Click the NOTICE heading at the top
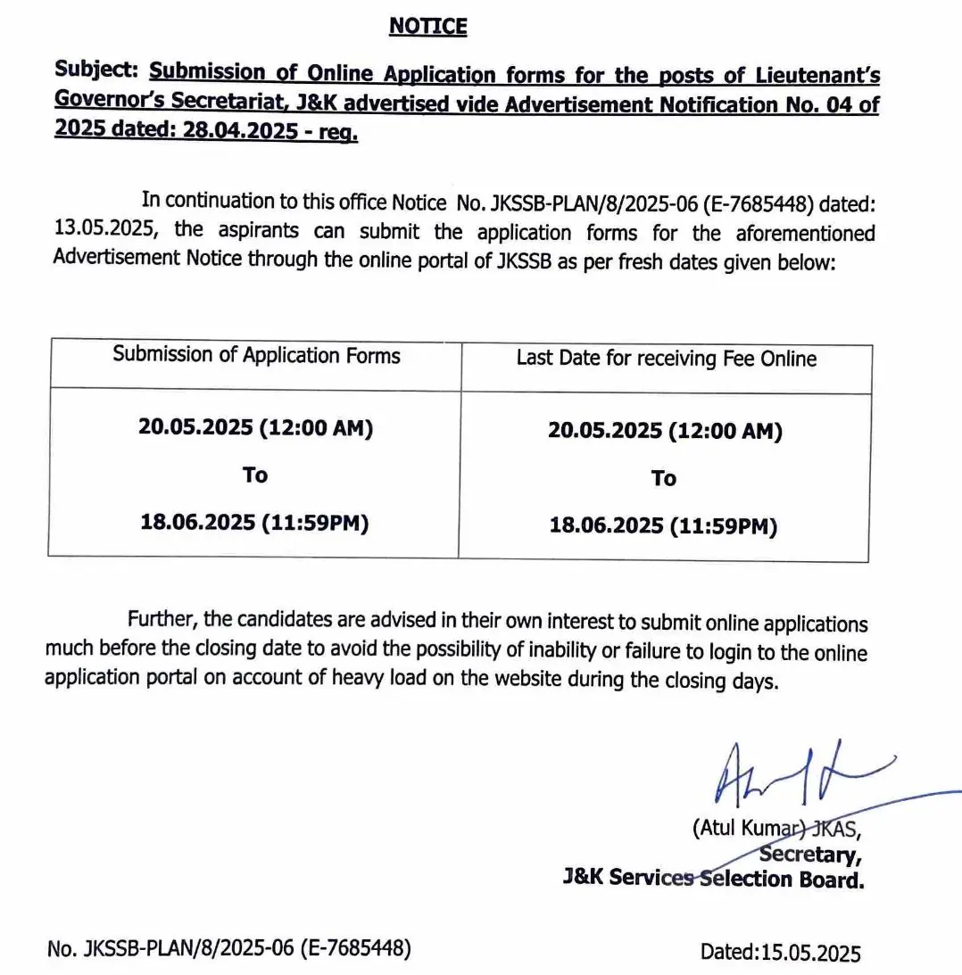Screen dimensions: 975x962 427,28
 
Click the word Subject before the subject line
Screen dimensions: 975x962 96,70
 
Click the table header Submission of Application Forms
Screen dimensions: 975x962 256,355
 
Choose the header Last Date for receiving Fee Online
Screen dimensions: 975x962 666,359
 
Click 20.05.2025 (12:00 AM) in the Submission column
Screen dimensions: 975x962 255,427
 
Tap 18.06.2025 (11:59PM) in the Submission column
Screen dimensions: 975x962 254,522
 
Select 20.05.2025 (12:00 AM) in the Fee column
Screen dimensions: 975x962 665,432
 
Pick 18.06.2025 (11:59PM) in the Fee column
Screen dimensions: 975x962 663,526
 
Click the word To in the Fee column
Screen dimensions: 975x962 663,479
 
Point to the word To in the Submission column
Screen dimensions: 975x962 255,475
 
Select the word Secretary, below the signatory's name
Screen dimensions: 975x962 810,855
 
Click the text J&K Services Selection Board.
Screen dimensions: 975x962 713,879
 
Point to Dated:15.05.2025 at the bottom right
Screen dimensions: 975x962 780,952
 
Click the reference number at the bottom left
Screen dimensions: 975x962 229,949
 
